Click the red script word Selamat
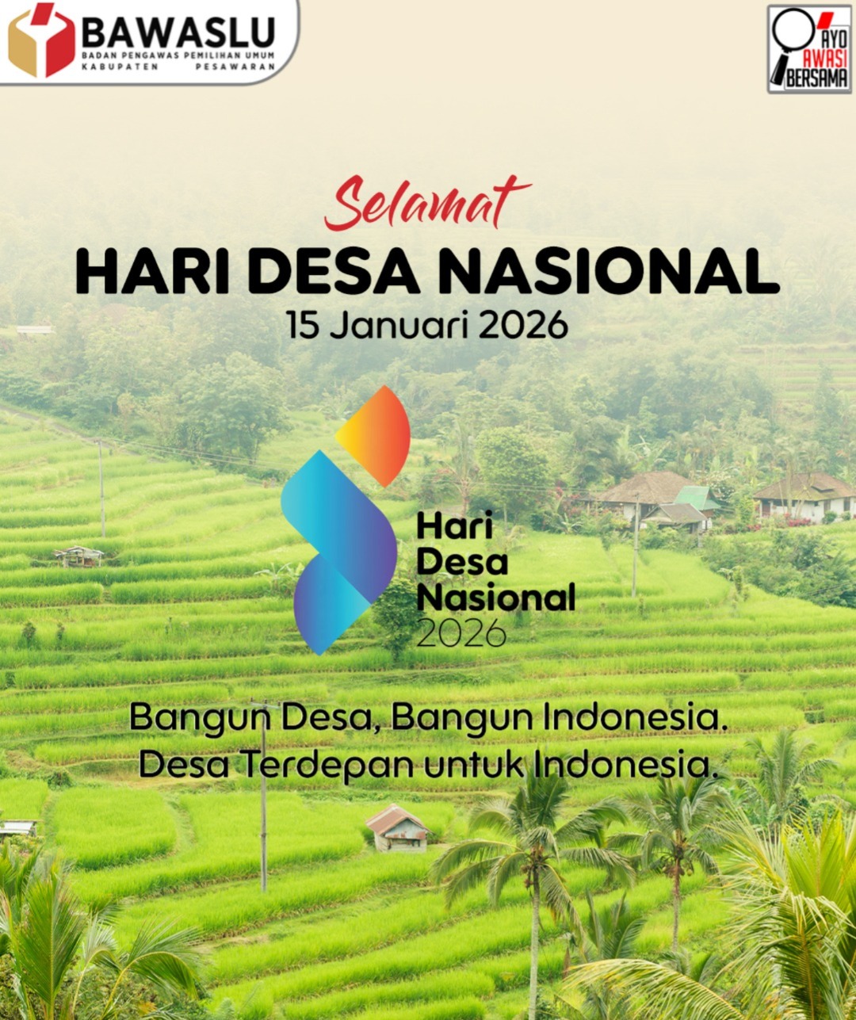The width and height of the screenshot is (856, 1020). tap(426, 204)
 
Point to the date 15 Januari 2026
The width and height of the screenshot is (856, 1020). tap(427, 325)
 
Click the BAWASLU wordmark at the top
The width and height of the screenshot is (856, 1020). tap(179, 32)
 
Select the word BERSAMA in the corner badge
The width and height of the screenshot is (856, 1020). tap(817, 78)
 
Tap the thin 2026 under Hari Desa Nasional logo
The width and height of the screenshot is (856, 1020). tap(460, 632)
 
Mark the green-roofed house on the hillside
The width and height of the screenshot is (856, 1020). tap(696, 499)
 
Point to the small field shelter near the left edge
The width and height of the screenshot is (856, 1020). tap(78, 556)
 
